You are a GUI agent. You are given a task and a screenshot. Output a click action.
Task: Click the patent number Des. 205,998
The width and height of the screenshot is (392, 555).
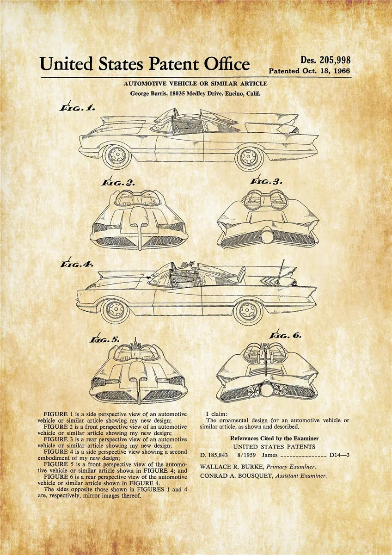pyautogui.click(x=325, y=60)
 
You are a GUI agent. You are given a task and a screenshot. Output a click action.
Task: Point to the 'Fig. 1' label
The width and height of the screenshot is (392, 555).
pyautogui.click(x=77, y=108)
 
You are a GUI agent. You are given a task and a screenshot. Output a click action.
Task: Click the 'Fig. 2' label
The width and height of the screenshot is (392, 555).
pyautogui.click(x=118, y=182)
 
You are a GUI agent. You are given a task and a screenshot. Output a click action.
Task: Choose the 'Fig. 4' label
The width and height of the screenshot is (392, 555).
pyautogui.click(x=77, y=265)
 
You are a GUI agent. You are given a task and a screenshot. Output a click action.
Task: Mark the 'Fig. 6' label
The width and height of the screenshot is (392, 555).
pyautogui.click(x=286, y=336)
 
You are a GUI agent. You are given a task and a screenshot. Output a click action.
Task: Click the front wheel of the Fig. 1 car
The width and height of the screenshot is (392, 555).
pyautogui.click(x=116, y=156)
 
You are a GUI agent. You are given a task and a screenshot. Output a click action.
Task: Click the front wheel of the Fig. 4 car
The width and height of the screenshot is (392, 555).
pyautogui.click(x=116, y=310)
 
